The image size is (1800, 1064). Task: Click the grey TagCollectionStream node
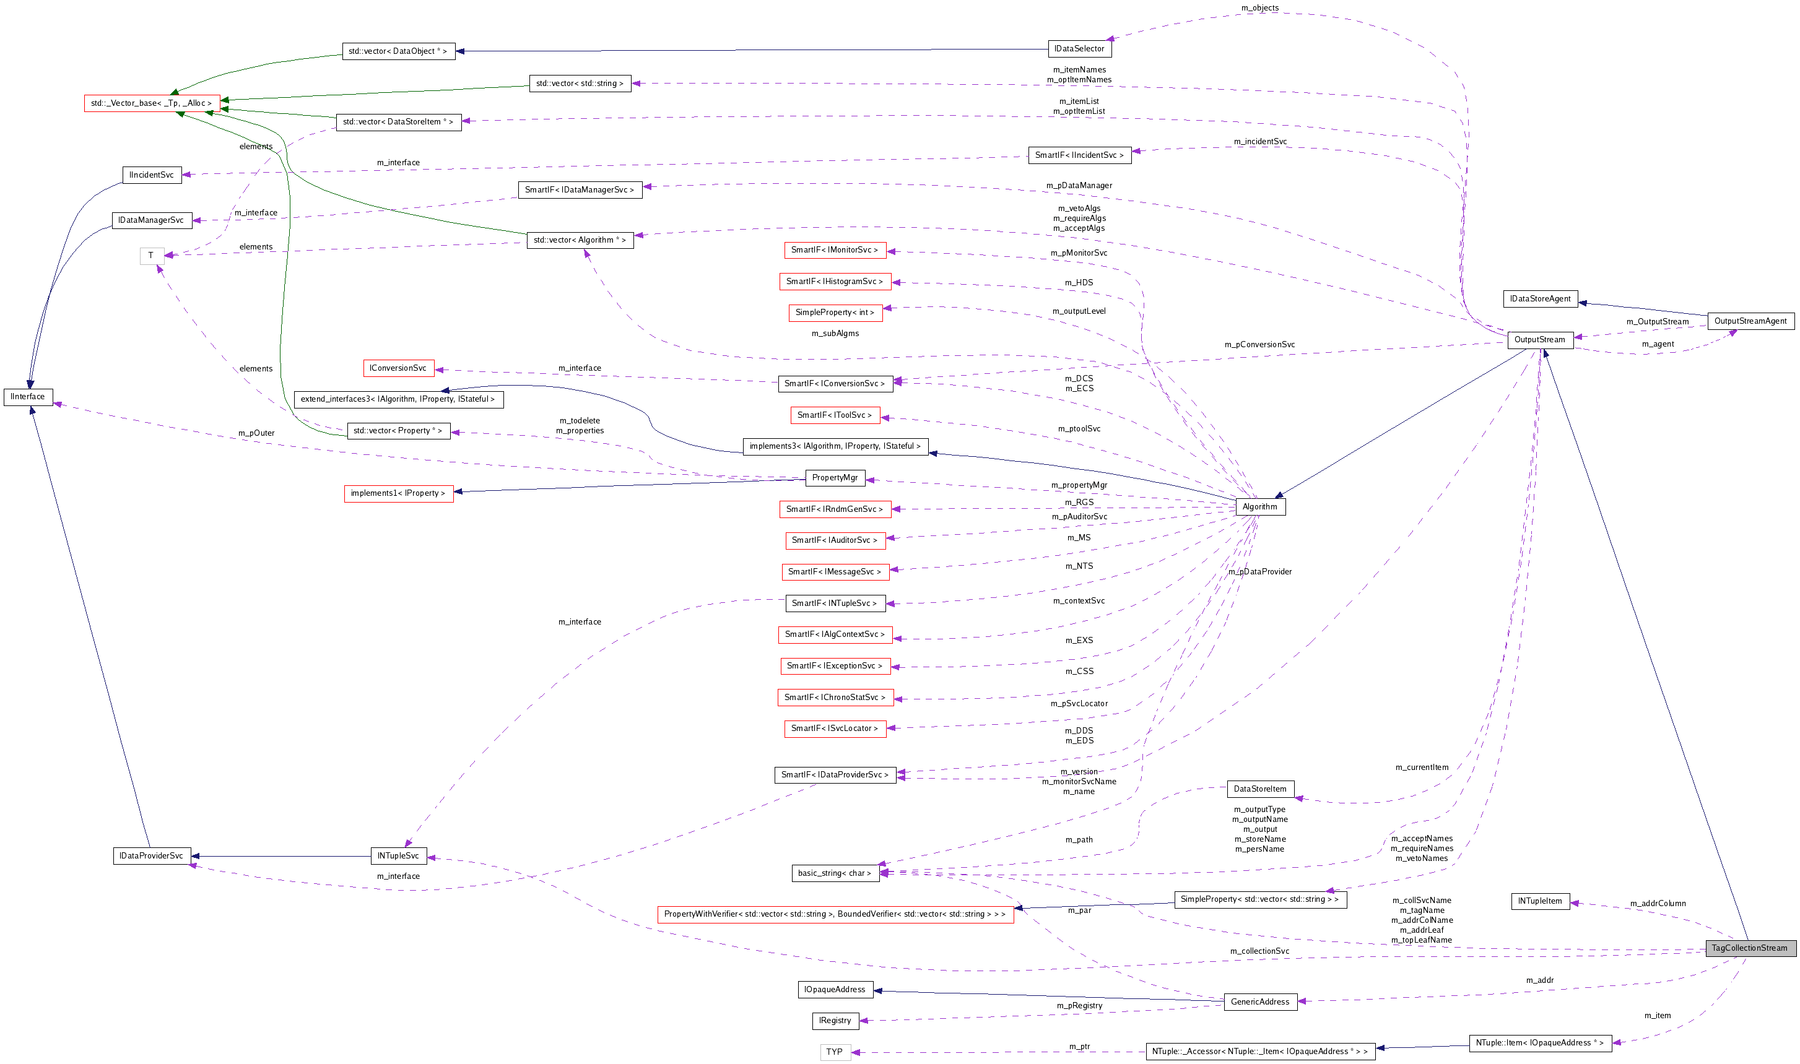(1750, 948)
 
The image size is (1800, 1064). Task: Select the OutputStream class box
(1540, 340)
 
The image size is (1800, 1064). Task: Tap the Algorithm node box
(1259, 507)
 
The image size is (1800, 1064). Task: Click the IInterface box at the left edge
(28, 397)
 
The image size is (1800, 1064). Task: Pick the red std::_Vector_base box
(151, 103)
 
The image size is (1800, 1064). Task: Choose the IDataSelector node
(1079, 49)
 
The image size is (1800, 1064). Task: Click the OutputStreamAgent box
(1750, 321)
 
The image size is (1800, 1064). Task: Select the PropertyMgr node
(835, 477)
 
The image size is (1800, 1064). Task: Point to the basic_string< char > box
(835, 873)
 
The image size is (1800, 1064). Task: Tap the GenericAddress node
(1259, 1001)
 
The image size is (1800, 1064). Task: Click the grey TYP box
(835, 1052)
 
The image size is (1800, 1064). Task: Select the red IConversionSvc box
(398, 368)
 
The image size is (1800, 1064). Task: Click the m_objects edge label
(1259, 8)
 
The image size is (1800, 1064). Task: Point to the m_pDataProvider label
(1260, 571)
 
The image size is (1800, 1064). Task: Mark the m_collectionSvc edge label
(1259, 951)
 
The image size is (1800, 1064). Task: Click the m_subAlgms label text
(835, 334)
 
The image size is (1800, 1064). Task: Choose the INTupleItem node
(1540, 901)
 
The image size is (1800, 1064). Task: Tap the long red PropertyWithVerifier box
(835, 914)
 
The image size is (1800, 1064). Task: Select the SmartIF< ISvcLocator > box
(835, 729)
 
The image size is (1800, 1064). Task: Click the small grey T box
(151, 255)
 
